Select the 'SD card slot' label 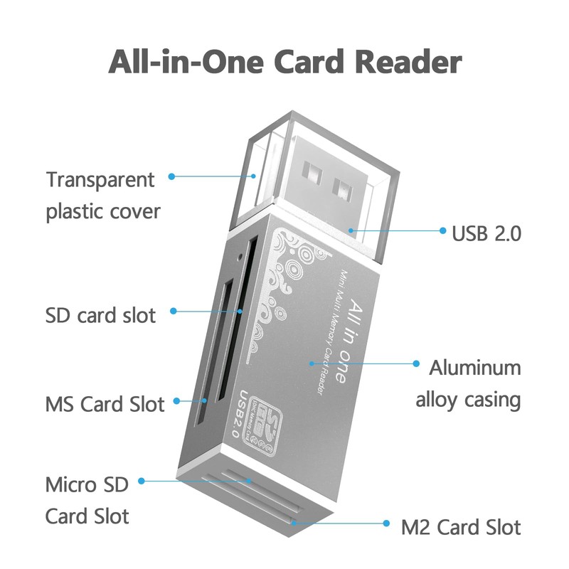pos(100,314)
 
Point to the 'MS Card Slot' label pos(105,405)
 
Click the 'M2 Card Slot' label pos(461,528)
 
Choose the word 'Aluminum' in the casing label pos(474,368)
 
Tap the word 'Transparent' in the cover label pos(100,179)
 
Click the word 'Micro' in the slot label pos(70,485)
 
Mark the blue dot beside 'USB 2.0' pos(440,231)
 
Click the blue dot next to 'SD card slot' pos(173,312)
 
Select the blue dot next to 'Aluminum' pos(417,363)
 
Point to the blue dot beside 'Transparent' pos(171,176)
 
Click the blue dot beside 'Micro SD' pos(142,482)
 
